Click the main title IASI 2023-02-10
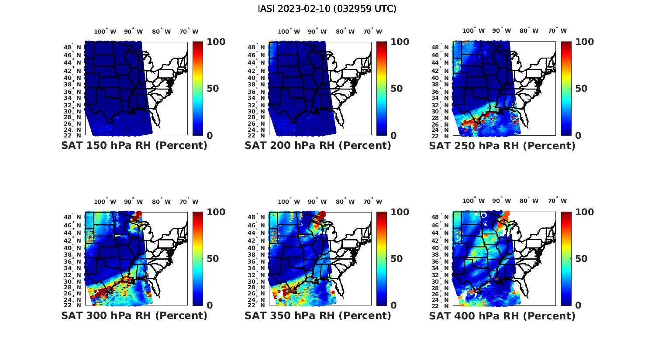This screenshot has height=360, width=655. click(327, 9)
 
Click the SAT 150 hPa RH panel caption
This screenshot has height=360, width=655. click(134, 146)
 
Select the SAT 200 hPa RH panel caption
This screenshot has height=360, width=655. click(318, 146)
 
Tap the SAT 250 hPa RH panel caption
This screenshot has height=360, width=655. click(502, 146)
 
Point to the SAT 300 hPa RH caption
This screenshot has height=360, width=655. click(134, 315)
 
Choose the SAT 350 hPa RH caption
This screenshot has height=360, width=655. click(318, 315)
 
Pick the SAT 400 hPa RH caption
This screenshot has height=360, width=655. click(502, 315)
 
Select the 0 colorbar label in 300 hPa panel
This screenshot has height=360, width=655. click(210, 305)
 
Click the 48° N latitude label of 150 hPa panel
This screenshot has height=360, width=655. click(72, 47)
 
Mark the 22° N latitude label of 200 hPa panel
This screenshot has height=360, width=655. click(256, 135)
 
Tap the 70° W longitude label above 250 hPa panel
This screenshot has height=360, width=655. click(558, 31)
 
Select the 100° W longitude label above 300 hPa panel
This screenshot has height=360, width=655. click(105, 202)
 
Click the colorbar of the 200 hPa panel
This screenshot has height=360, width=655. click(382, 89)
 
